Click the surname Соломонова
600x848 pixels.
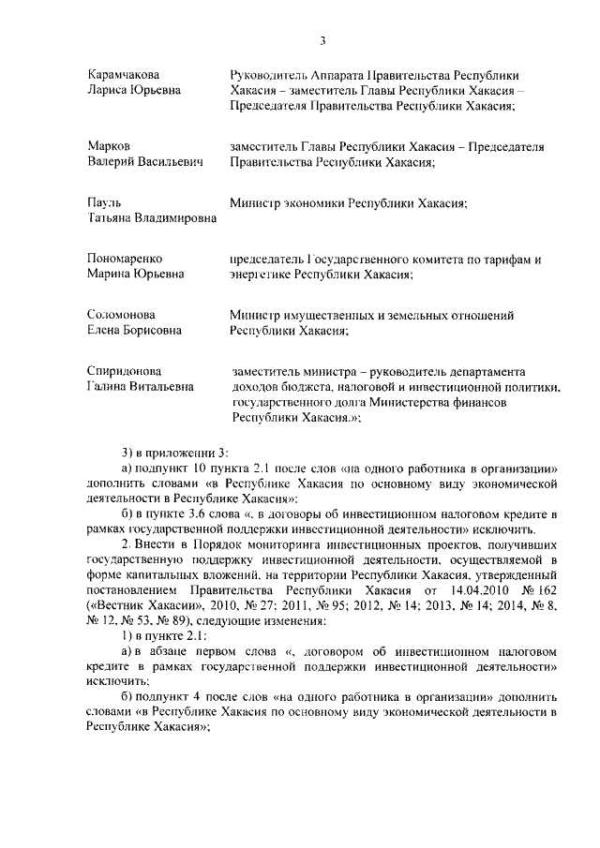[x=121, y=315]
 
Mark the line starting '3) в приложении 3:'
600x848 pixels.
[x=168, y=452]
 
